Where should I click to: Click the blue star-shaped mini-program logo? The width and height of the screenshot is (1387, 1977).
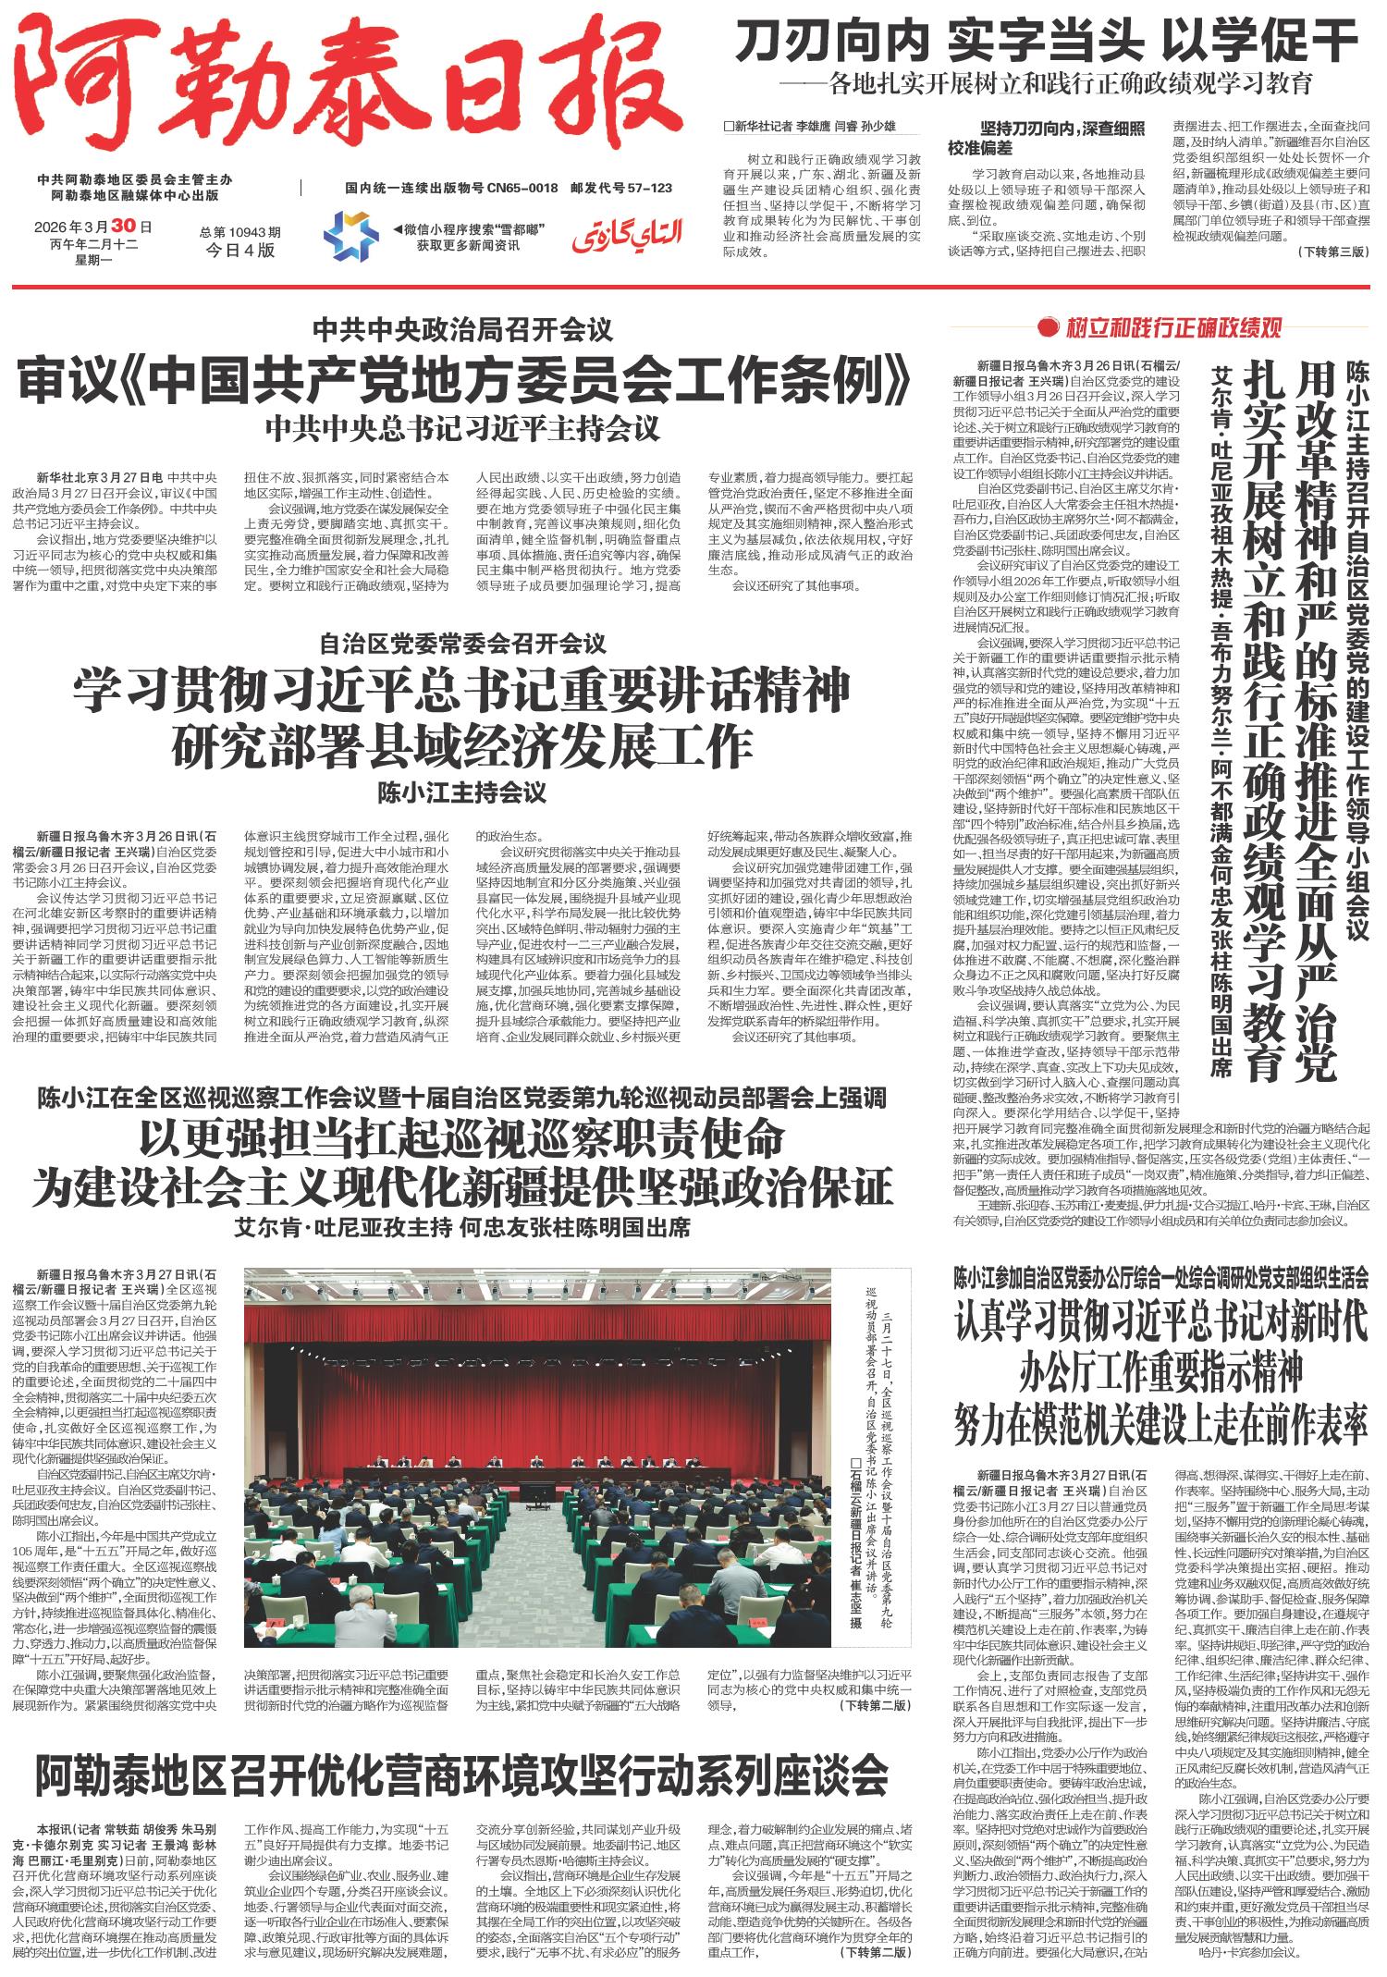coord(350,236)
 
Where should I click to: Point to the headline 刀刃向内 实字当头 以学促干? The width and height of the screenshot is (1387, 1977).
coord(1045,43)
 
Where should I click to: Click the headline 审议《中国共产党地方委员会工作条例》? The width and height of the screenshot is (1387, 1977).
coord(463,379)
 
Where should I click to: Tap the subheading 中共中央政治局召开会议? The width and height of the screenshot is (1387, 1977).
coord(462,328)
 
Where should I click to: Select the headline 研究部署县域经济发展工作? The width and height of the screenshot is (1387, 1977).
coord(462,745)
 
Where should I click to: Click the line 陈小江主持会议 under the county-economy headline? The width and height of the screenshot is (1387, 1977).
coord(462,792)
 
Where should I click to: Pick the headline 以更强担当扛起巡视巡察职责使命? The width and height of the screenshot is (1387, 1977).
coord(462,1139)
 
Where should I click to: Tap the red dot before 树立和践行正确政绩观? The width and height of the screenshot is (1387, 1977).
coord(1048,326)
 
